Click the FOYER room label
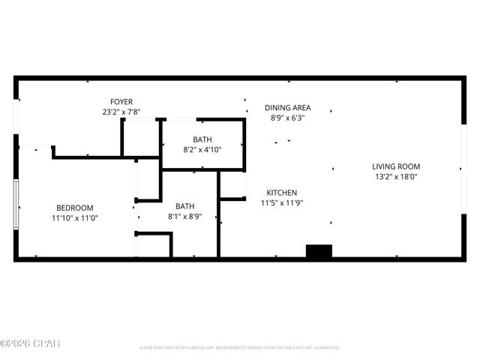121,102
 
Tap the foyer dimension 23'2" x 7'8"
121,112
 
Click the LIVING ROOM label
396,166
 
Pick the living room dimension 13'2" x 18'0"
396,177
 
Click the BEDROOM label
75,208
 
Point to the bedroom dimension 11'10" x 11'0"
75,218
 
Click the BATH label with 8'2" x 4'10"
202,139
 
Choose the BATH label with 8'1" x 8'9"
184,206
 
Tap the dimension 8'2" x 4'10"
202,150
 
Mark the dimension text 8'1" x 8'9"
184,217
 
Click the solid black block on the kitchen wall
319,252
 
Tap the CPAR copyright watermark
30,344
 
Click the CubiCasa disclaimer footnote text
240,348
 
